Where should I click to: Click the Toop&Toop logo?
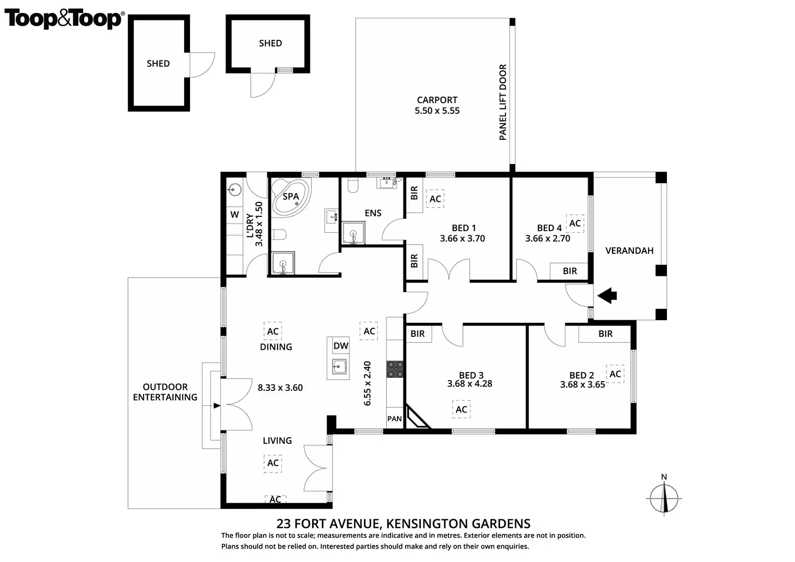[x=64, y=19]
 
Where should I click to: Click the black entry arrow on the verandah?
[x=607, y=295]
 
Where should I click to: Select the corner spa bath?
[x=291, y=197]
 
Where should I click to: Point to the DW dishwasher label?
[x=341, y=346]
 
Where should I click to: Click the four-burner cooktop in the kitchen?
[x=395, y=369]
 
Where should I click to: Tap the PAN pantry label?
[x=394, y=418]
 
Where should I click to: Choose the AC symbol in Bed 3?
[x=461, y=409]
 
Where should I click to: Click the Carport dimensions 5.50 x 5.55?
[x=437, y=111]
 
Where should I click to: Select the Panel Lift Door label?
[x=503, y=102]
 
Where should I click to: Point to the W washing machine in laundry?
[x=234, y=214]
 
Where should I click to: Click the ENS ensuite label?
[x=373, y=213]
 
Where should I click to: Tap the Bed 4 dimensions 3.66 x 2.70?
[x=548, y=239]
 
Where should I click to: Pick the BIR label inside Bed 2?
[x=605, y=334]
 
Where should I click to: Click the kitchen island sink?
[x=339, y=367]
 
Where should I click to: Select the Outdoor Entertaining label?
[x=165, y=392]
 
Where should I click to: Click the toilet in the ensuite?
[x=353, y=185]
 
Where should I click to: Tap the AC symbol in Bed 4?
[x=575, y=223]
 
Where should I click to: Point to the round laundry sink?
[x=234, y=190]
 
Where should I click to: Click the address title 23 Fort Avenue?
[x=403, y=524]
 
